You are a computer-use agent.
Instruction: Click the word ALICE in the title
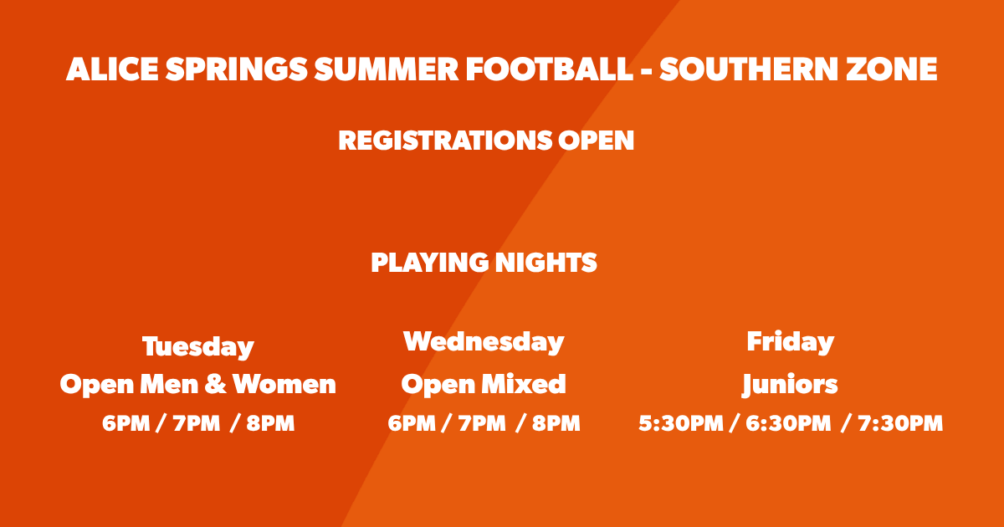tap(112, 69)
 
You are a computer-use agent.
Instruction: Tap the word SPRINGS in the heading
tap(237, 69)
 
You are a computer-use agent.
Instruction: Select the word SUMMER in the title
tap(387, 69)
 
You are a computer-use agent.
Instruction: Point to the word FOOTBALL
tap(550, 69)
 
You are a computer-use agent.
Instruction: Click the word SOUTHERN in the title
tap(749, 69)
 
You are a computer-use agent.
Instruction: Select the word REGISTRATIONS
tap(445, 141)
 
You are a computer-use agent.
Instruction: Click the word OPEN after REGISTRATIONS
tap(596, 141)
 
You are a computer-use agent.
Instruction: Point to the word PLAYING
tap(430, 263)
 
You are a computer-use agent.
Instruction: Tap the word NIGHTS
tap(546, 262)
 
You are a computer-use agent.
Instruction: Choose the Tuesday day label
tap(198, 347)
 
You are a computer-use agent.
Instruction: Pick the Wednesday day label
tap(484, 342)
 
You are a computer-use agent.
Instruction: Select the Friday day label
tap(790, 342)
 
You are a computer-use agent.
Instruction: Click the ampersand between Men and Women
tap(216, 385)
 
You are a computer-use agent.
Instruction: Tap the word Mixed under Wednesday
tap(524, 384)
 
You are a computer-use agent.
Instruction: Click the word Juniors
tap(790, 385)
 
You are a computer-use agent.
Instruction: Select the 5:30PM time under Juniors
tap(681, 423)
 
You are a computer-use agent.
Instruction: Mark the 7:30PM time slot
tap(900, 423)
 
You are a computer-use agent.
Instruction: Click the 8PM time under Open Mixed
tap(556, 423)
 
